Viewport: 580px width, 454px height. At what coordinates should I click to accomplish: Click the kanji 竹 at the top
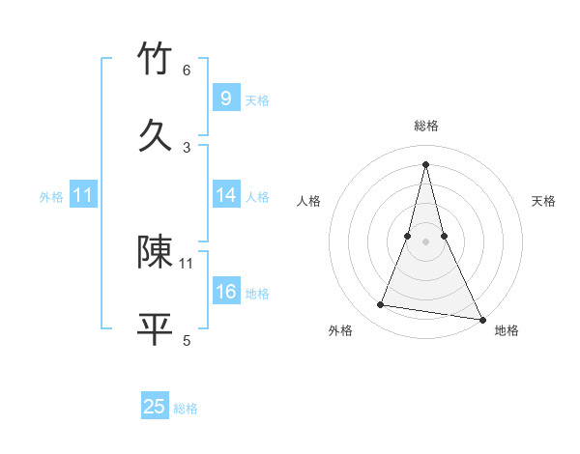pos(155,60)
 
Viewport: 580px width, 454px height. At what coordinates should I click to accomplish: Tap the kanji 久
pos(155,135)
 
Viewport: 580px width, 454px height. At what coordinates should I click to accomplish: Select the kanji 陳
pos(155,252)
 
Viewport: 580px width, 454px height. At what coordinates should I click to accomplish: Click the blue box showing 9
pos(225,99)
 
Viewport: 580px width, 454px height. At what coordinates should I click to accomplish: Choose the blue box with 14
pos(225,195)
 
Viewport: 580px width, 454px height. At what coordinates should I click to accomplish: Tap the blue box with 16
pos(225,292)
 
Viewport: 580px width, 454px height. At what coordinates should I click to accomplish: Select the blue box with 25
pos(155,407)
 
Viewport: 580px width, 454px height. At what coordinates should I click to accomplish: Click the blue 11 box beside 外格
pos(83,195)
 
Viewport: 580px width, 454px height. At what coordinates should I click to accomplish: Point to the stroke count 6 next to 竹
pos(187,70)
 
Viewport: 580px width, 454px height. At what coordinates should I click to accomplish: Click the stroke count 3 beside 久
pos(187,147)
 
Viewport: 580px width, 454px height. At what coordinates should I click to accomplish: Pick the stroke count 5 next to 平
pos(187,339)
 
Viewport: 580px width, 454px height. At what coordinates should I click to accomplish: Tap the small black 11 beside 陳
pos(187,263)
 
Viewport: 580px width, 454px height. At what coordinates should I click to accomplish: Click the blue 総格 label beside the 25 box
pos(186,409)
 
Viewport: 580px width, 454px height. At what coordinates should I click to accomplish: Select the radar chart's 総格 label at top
pos(425,126)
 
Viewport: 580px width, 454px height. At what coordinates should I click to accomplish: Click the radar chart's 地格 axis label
pos(507,330)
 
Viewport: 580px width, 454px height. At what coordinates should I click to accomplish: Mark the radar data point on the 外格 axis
pos(380,305)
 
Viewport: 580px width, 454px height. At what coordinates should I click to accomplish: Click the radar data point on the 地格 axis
pos(481,318)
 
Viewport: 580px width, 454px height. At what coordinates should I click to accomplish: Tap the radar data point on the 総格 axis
pos(425,163)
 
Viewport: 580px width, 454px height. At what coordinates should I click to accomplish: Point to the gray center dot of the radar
pos(425,241)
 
